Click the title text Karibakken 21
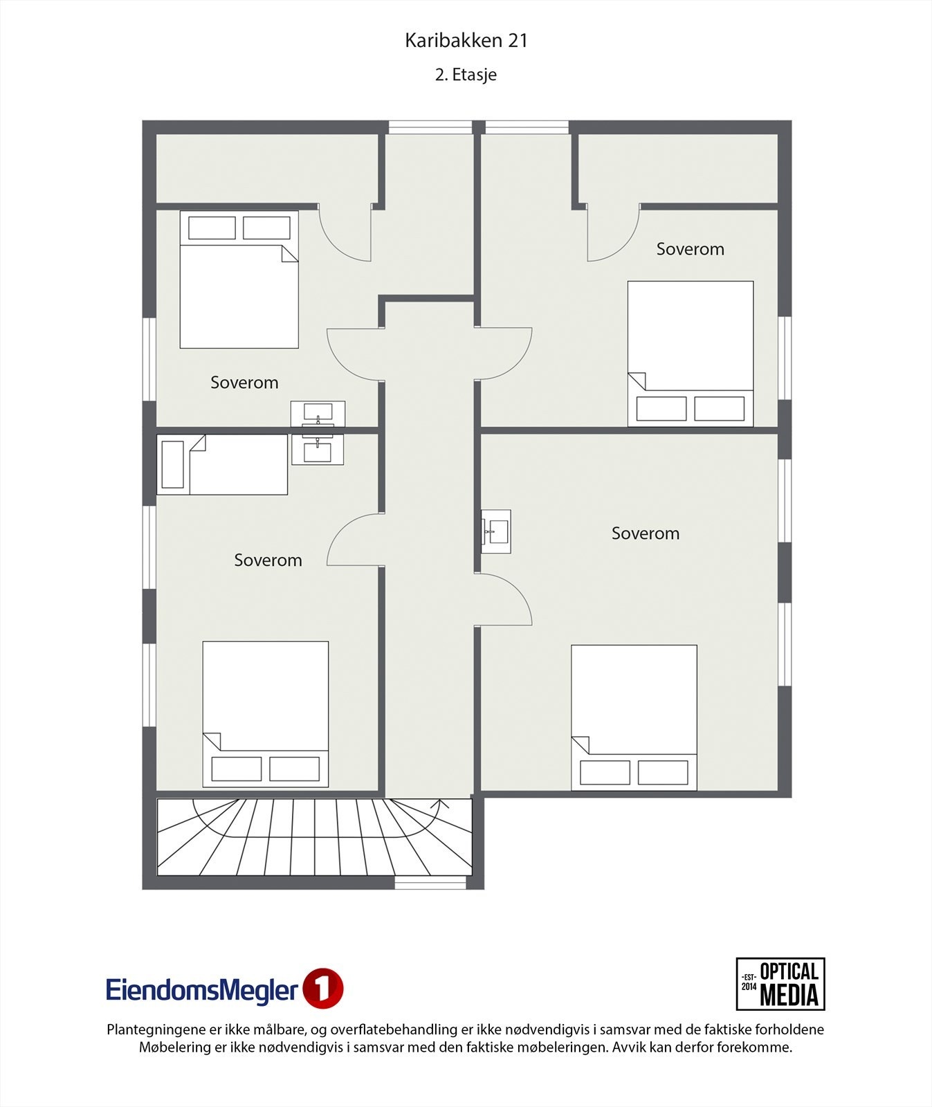coord(466,41)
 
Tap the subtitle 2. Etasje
coord(466,75)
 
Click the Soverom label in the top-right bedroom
coord(690,249)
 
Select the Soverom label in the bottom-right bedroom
coord(645,533)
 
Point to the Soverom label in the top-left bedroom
coord(244,383)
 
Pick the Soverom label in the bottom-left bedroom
coord(268,560)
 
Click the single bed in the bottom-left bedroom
coord(222,464)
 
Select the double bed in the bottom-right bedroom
coord(634,717)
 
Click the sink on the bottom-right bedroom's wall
coord(496,531)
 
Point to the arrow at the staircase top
coord(439,805)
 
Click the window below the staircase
coord(430,883)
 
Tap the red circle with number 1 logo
coord(323,989)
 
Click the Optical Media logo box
coord(780,984)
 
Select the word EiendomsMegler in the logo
coord(202,990)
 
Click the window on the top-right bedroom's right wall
coord(784,358)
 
